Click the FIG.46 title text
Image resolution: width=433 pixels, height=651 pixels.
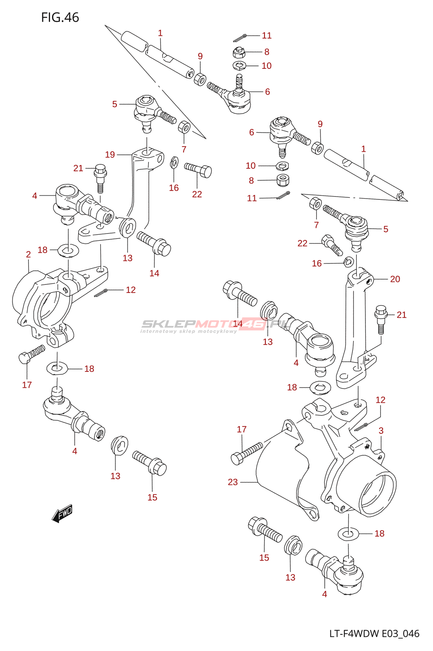(60, 17)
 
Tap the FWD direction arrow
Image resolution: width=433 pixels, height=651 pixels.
(62, 513)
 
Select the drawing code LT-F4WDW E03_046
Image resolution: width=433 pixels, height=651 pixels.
(374, 634)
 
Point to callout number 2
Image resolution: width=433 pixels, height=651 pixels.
(28, 255)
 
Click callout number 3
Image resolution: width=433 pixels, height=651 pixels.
(381, 430)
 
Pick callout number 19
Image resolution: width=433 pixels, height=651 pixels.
(110, 155)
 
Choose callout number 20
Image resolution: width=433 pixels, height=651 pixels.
(395, 279)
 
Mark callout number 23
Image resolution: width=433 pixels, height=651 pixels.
(233, 482)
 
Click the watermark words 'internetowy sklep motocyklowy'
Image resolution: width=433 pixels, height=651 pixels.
(188, 331)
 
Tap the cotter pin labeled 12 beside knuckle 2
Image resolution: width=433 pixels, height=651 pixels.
(101, 293)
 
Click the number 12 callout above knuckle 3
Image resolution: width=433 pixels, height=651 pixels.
(381, 400)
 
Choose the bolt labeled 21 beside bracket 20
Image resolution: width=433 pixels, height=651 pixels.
(380, 319)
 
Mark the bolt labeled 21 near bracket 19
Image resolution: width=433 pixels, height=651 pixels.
(101, 177)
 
